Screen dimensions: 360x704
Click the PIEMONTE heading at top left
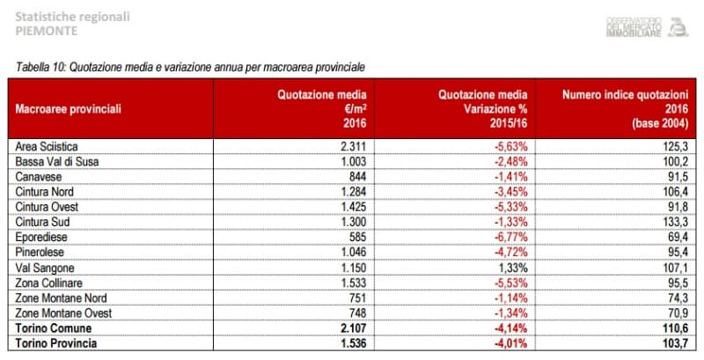(47, 30)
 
